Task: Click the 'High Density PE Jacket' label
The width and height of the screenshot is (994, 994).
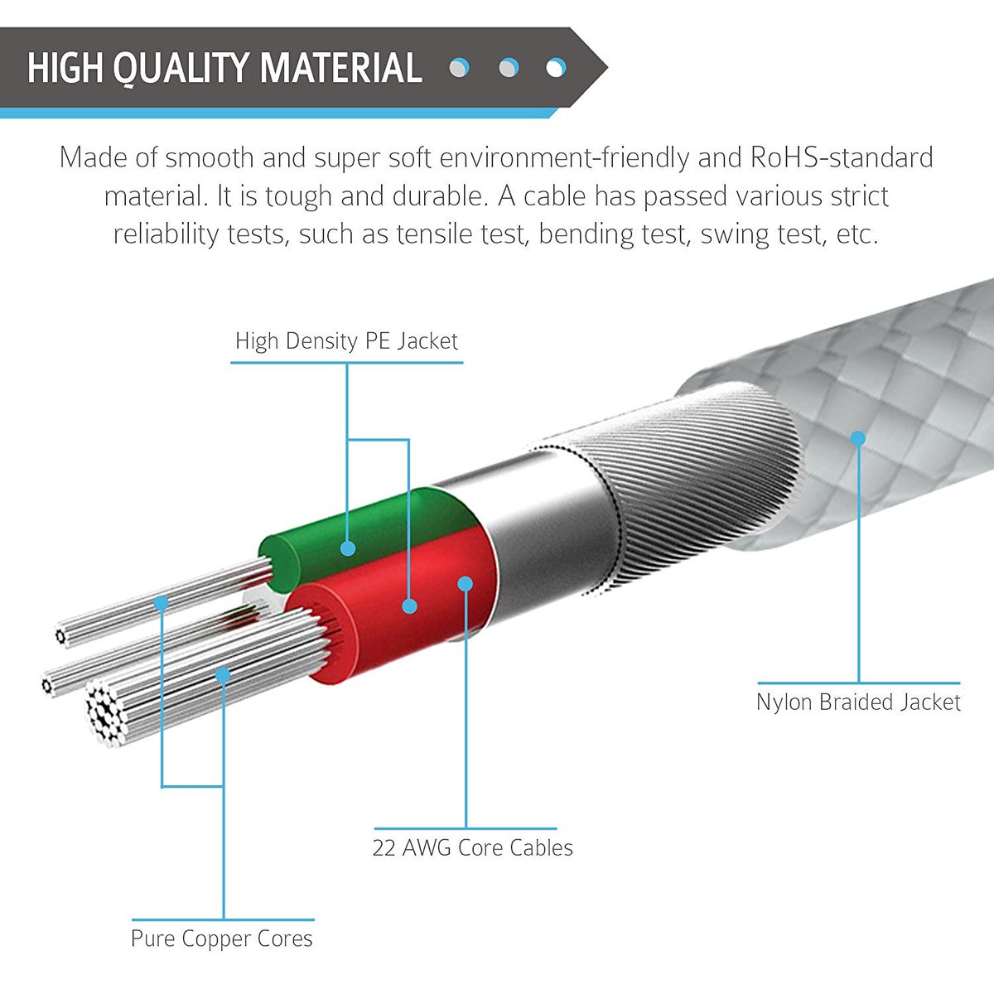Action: pyautogui.click(x=346, y=341)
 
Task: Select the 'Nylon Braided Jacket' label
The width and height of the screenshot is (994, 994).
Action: pyautogui.click(x=858, y=702)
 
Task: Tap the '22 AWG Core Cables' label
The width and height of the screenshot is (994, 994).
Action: pyautogui.click(x=472, y=847)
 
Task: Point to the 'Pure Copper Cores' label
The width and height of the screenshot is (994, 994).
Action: pyautogui.click(x=222, y=939)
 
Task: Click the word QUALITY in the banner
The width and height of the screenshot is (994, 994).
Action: pyautogui.click(x=181, y=68)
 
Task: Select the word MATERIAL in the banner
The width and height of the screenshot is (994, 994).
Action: pyautogui.click(x=341, y=68)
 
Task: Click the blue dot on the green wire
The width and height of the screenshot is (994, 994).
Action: pyautogui.click(x=348, y=548)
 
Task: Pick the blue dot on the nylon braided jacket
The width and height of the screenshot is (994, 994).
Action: pyautogui.click(x=858, y=438)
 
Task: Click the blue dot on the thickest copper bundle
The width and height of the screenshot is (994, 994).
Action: pyautogui.click(x=223, y=675)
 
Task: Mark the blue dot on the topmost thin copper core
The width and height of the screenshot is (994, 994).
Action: pyautogui.click(x=162, y=602)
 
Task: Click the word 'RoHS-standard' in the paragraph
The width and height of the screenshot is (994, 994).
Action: pyautogui.click(x=842, y=157)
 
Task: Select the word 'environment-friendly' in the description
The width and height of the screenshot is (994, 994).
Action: pyautogui.click(x=564, y=157)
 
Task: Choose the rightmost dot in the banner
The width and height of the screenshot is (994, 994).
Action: pyautogui.click(x=556, y=68)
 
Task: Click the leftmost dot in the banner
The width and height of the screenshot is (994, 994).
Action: pyautogui.click(x=459, y=68)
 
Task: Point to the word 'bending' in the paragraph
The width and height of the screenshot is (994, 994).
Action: pyautogui.click(x=610, y=234)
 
